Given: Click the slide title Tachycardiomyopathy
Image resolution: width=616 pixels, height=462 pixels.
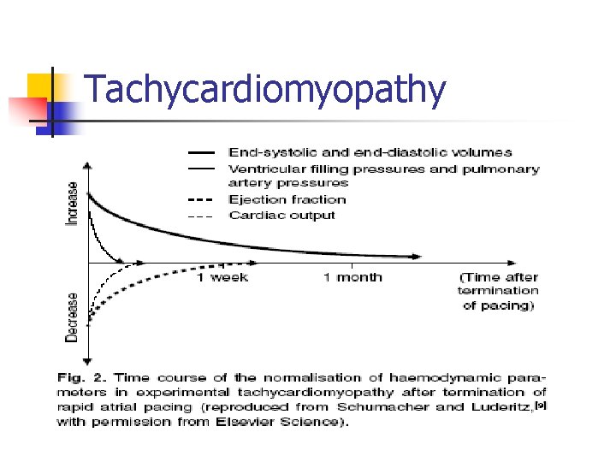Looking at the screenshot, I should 266,91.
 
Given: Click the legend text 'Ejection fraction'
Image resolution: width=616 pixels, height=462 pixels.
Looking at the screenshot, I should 287,199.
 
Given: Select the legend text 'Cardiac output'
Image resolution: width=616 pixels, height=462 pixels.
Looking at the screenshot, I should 281,215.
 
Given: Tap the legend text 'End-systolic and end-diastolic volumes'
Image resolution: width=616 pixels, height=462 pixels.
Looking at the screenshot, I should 370,152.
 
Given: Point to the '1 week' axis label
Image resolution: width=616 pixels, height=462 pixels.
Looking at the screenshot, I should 222,277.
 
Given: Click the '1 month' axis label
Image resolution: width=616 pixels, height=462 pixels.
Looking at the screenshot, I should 352,277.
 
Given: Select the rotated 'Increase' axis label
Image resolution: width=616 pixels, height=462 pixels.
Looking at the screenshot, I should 73,204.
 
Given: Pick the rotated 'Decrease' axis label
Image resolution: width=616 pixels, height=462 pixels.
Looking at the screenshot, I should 73,317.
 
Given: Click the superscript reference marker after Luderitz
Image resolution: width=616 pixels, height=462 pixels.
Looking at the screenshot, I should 540,404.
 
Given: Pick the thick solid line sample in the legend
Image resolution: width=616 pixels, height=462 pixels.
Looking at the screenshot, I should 201,152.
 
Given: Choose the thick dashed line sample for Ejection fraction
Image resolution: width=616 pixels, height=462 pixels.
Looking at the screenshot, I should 201,199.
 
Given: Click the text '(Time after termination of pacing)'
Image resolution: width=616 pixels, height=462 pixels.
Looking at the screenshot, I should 499,292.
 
